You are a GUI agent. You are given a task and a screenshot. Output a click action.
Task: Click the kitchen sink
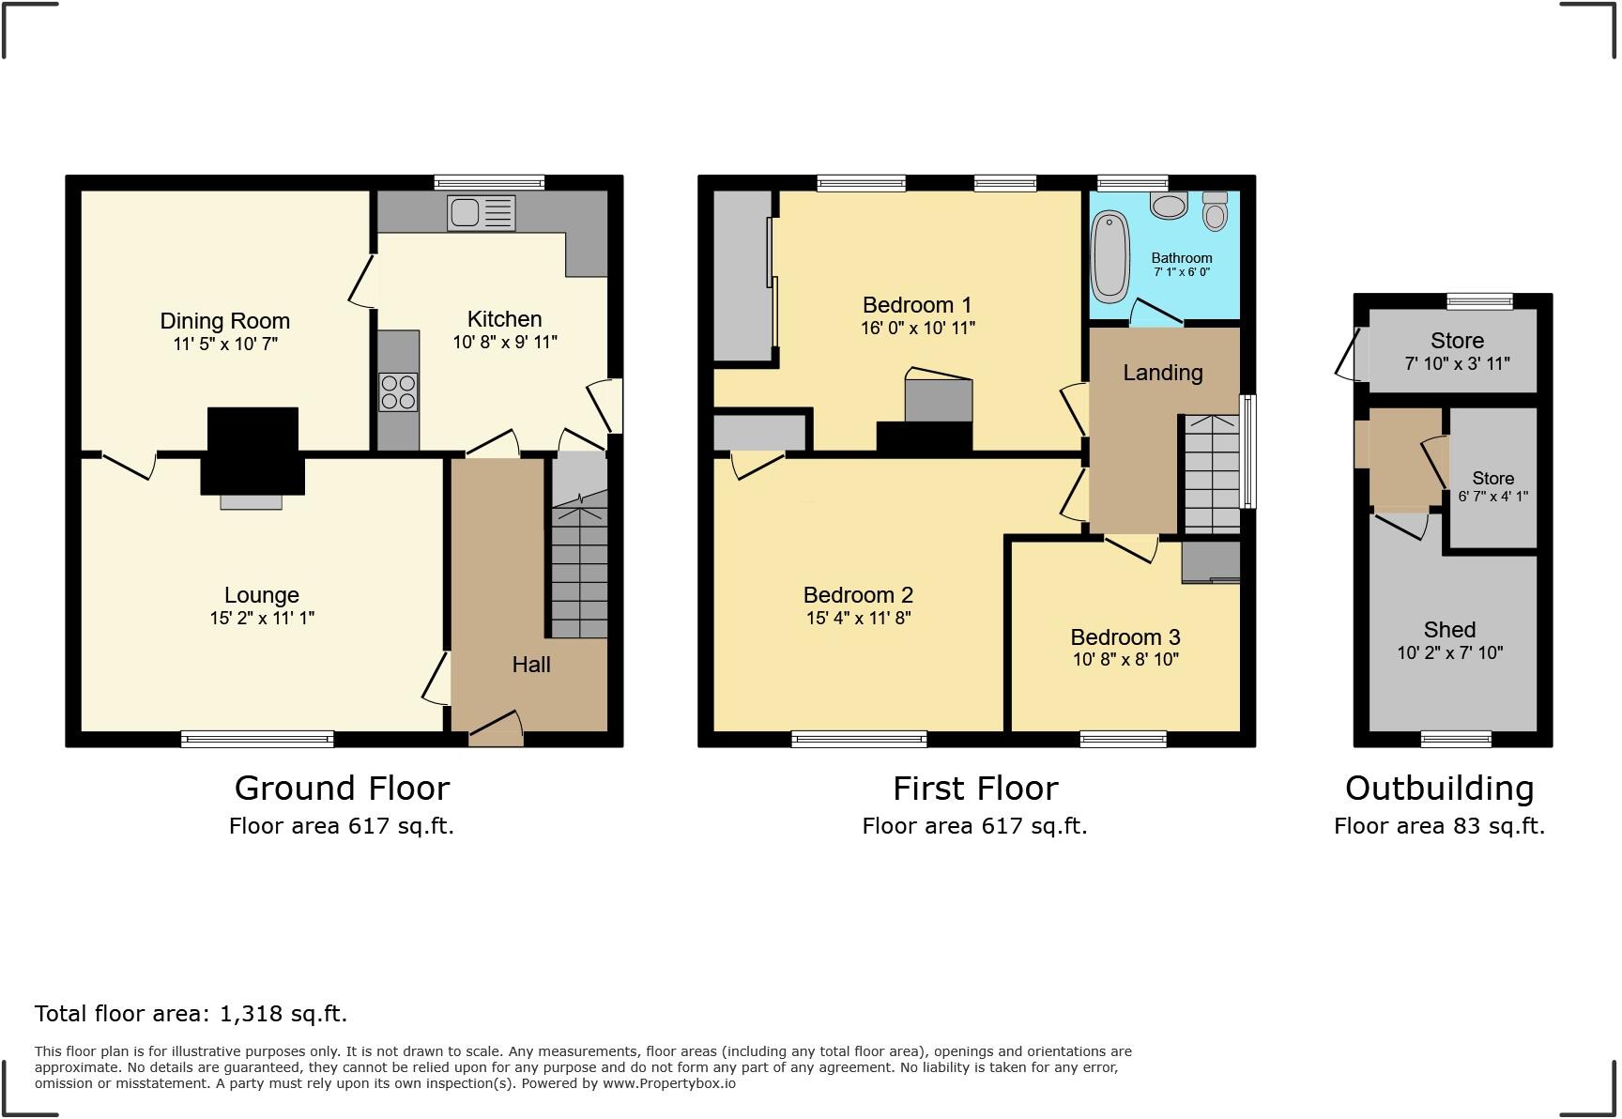(x=482, y=213)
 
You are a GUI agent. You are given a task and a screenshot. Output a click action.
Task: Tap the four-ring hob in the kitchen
(x=398, y=392)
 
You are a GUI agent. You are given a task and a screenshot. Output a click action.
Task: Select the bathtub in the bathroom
(x=1110, y=255)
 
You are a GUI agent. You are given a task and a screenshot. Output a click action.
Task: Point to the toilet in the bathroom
(x=1215, y=212)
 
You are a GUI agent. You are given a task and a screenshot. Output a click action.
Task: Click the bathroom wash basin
(x=1169, y=206)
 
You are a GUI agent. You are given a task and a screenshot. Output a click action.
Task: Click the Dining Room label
(x=224, y=321)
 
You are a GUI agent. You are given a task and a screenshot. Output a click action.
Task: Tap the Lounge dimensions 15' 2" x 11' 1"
(x=262, y=618)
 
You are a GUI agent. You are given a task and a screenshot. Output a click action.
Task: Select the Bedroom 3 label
(x=1125, y=637)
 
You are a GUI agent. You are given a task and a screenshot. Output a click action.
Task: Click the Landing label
(x=1162, y=373)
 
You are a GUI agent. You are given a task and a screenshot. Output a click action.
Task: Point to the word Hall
(x=530, y=665)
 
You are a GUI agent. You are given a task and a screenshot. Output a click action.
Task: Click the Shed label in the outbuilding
(x=1449, y=630)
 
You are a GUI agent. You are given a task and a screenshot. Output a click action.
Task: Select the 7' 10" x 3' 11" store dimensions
(x=1457, y=363)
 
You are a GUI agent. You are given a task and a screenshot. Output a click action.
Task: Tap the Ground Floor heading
(x=342, y=788)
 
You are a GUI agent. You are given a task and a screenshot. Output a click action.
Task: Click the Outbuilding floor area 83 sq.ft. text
(x=1439, y=826)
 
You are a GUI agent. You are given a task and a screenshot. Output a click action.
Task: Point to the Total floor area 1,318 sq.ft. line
(x=191, y=1014)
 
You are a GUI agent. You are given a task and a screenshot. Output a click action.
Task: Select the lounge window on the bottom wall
(x=257, y=740)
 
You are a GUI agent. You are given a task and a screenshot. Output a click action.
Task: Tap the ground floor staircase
(x=579, y=573)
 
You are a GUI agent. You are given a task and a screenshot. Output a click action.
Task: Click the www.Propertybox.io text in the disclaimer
(x=668, y=1083)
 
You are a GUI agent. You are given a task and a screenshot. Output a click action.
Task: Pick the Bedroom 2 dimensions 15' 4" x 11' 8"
(x=858, y=618)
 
